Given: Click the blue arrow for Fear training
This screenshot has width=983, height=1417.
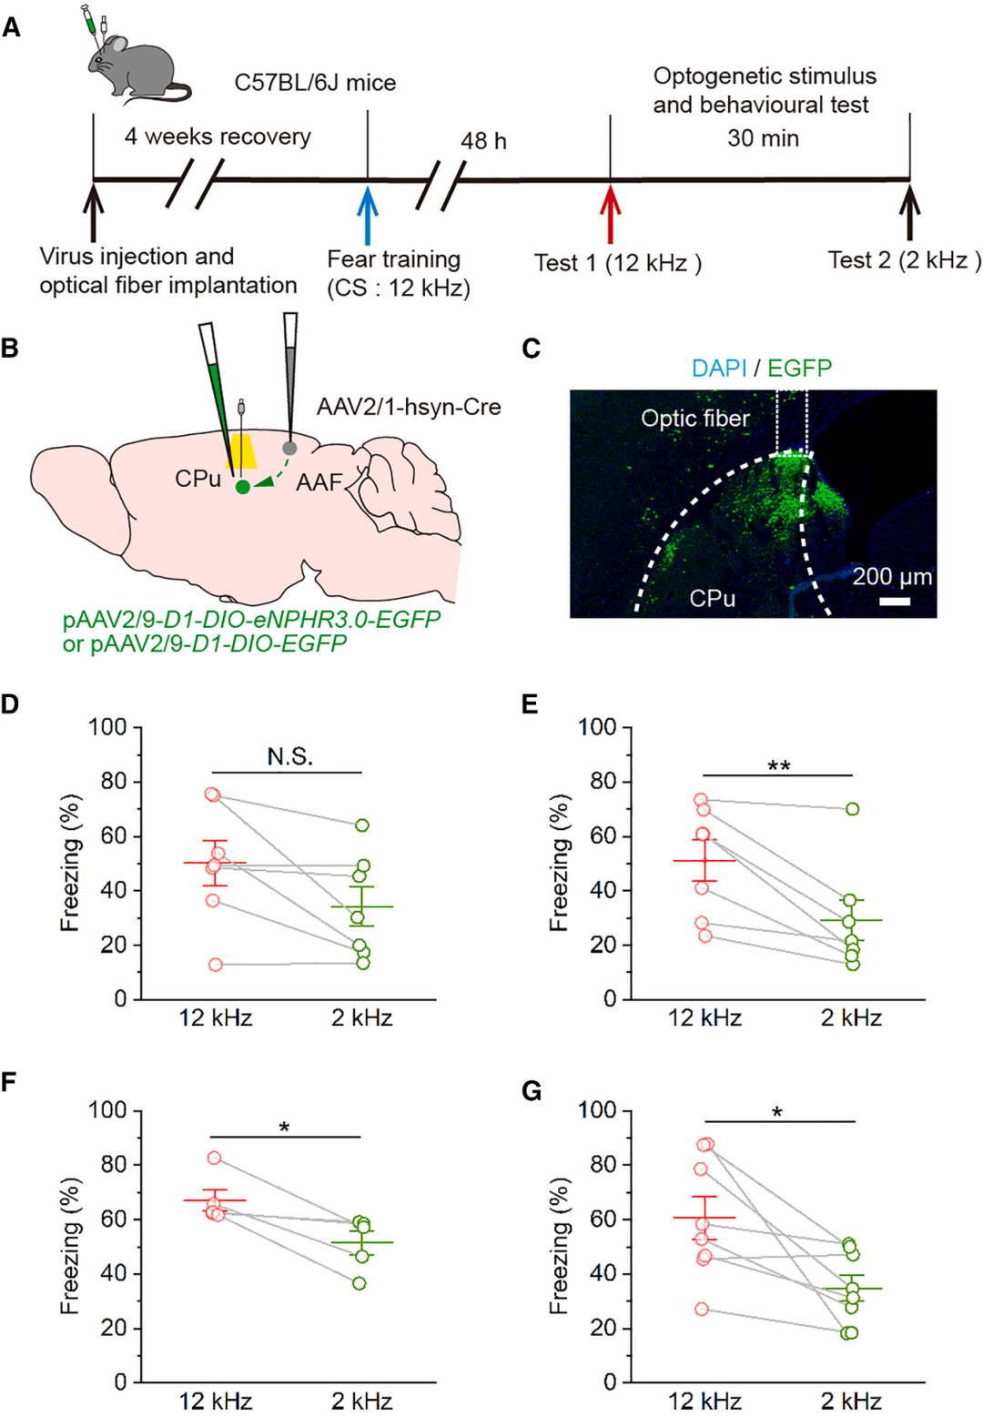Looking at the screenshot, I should (367, 214).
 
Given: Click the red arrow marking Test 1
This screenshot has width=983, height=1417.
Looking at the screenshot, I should (610, 214).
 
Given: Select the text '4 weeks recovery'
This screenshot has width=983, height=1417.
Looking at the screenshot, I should (218, 137).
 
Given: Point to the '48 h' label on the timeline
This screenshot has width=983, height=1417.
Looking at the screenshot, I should (483, 141).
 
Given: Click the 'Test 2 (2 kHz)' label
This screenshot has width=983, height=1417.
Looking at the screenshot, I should (904, 260).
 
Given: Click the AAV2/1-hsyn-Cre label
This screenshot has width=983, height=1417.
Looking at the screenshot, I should (409, 407).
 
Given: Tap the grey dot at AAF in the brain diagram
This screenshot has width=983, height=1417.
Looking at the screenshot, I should (289, 448).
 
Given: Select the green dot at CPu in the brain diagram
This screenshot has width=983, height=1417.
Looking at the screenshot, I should (242, 487).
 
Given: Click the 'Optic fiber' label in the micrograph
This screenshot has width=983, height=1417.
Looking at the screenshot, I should (695, 419).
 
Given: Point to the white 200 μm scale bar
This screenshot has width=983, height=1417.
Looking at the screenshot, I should (895, 602).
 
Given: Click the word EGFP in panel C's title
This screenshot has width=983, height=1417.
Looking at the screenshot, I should (799, 368).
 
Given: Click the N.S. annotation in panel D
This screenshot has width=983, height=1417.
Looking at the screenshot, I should (290, 756).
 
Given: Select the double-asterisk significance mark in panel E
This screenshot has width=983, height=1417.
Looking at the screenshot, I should (778, 766).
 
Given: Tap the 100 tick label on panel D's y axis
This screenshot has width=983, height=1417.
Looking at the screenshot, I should (107, 727).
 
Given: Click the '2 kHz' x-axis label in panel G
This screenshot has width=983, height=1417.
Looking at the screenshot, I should (851, 1401).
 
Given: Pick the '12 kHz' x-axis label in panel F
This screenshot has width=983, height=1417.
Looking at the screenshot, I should (216, 1401).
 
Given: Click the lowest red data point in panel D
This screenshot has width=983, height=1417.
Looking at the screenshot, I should (216, 965).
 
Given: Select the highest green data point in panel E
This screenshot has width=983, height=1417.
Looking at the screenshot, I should (852, 809).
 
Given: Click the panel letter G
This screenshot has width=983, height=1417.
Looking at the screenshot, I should (532, 1090).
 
